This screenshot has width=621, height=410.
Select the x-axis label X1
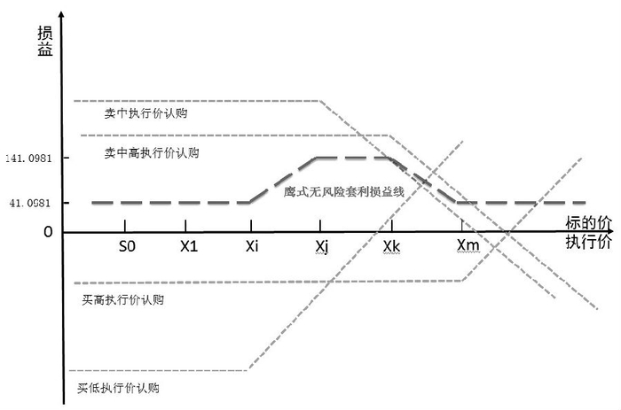coord(188,245)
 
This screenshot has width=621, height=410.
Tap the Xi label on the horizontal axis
coord(252,245)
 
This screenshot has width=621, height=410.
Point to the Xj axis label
coord(321,245)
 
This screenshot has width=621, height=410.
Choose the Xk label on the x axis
coord(390,245)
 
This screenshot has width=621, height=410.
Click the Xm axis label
coord(466,245)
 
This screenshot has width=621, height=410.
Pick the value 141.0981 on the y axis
coord(29,158)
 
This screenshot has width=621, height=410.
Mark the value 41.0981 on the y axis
coord(32,203)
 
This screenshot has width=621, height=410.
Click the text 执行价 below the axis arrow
coord(586,241)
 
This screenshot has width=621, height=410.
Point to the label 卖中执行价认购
coord(145,113)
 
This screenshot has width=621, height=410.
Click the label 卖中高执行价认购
coord(151,152)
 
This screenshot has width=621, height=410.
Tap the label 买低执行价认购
coord(119,387)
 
